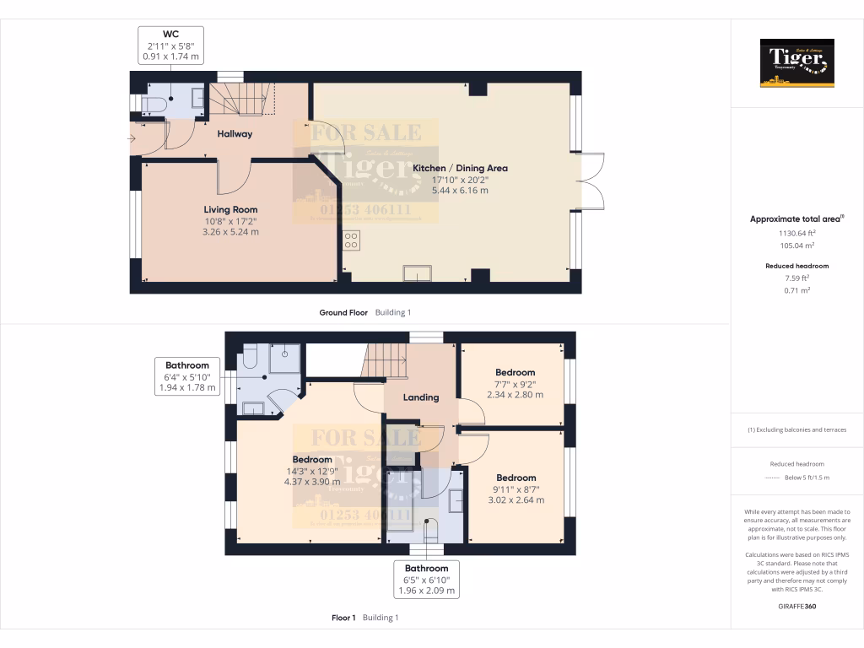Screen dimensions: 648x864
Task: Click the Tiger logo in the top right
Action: (796, 63)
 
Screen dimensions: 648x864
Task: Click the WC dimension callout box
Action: (171, 46)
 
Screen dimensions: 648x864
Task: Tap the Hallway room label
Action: (235, 133)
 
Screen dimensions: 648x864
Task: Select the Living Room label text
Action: (230, 209)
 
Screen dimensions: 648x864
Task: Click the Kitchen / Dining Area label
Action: (460, 168)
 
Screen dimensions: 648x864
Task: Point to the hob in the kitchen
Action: (351, 240)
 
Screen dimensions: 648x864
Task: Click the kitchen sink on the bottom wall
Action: (417, 272)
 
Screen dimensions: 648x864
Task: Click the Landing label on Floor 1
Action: (420, 397)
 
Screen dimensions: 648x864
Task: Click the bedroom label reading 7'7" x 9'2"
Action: (515, 383)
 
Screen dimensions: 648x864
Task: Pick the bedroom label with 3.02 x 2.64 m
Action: (516, 489)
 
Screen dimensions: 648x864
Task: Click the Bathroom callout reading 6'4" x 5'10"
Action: (187, 377)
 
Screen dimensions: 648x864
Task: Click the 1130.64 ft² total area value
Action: (796, 233)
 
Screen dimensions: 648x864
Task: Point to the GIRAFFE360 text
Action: (796, 606)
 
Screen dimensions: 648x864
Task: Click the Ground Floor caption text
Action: (343, 312)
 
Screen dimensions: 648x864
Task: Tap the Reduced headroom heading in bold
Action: (796, 266)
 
